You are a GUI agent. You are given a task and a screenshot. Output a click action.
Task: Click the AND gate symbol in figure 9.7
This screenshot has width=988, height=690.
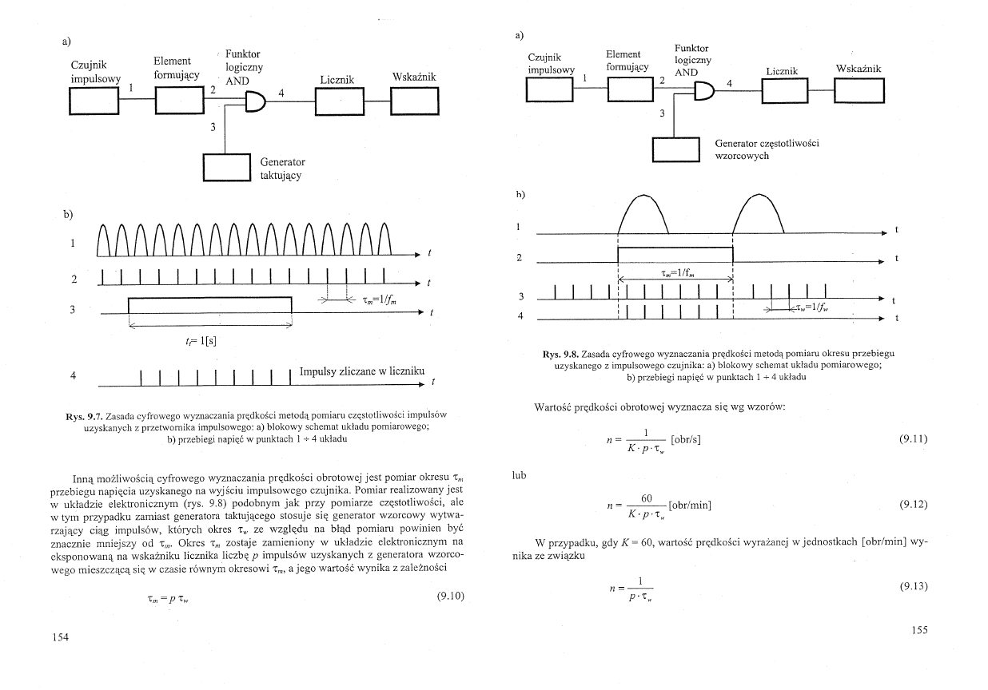[255, 101]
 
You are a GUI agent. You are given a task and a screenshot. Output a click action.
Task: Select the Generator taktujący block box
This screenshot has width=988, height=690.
[228, 167]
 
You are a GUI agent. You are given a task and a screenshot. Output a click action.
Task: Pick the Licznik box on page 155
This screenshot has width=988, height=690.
[787, 92]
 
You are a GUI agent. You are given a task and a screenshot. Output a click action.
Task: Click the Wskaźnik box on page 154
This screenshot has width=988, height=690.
[414, 101]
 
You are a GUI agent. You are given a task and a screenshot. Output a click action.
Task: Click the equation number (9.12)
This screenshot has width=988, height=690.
[914, 505]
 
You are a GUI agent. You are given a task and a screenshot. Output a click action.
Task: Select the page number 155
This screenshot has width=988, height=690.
[920, 630]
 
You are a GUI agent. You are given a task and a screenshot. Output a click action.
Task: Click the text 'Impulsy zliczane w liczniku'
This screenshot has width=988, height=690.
[361, 371]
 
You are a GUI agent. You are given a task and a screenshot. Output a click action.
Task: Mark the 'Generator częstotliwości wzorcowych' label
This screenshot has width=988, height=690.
[767, 149]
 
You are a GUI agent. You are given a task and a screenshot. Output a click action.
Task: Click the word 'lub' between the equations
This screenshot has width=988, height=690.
[521, 475]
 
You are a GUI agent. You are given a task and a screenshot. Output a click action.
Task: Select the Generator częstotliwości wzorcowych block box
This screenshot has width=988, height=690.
[676, 150]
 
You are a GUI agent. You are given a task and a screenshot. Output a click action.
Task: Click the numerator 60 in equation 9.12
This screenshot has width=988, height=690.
[648, 498]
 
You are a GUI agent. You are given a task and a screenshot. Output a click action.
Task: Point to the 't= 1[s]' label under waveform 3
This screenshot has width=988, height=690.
[201, 339]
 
